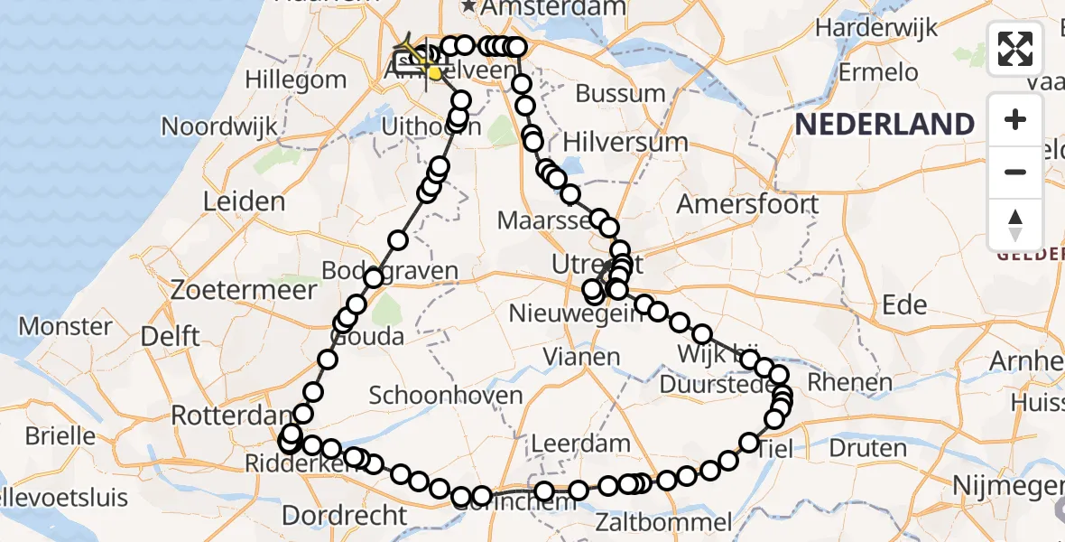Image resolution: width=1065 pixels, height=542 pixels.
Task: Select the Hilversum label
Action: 625,142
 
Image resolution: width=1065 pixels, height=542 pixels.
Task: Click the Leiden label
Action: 237,201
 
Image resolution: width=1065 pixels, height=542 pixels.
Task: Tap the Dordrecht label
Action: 345,515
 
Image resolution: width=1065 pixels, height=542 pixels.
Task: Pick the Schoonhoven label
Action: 446,395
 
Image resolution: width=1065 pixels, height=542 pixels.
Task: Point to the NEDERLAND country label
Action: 884,124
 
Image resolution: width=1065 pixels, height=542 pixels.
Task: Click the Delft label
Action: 171,336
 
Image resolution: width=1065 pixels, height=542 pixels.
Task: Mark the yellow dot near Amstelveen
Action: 436,73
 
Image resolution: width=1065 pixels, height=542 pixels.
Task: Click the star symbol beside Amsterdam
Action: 469,7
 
